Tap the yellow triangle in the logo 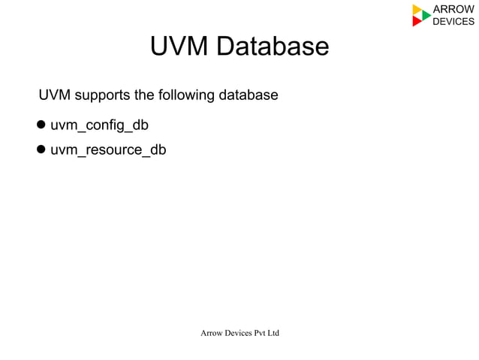pyautogui.click(x=417, y=10)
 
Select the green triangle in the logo pyautogui.click(x=426, y=15)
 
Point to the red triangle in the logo pyautogui.click(x=417, y=22)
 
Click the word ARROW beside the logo pyautogui.click(x=453, y=9)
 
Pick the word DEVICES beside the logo pyautogui.click(x=453, y=21)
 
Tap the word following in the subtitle pyautogui.click(x=186, y=96)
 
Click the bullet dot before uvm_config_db pyautogui.click(x=42, y=124)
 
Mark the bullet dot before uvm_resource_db pyautogui.click(x=42, y=150)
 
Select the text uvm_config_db pyautogui.click(x=94, y=124)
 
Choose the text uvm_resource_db pyautogui.click(x=108, y=150)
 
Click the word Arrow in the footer pyautogui.click(x=211, y=332)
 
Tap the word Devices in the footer pyautogui.click(x=239, y=332)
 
